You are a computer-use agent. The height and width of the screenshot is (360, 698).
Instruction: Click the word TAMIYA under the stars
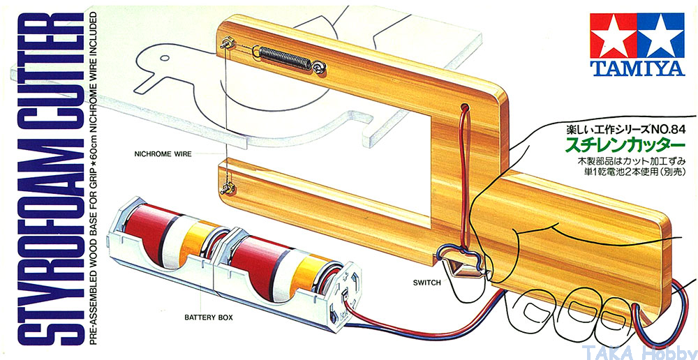coord(637,68)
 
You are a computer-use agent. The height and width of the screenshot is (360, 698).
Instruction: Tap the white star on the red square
coord(614,36)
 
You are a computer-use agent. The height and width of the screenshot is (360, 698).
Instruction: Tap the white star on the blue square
coord(660,36)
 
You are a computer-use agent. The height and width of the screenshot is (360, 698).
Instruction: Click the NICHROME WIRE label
coord(163,155)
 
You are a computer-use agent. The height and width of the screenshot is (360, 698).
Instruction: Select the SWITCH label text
coord(426,282)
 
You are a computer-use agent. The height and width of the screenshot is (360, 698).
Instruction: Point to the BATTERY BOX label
coord(209,317)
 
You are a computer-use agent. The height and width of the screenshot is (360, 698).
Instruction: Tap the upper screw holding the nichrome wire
coord(225,44)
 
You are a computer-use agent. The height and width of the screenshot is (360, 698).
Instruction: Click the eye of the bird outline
coord(164,58)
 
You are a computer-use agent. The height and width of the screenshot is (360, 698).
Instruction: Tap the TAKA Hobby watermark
coord(639,352)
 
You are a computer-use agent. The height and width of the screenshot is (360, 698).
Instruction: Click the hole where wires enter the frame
coord(466,109)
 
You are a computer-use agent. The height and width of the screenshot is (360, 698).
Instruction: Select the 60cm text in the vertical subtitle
coord(93,138)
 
